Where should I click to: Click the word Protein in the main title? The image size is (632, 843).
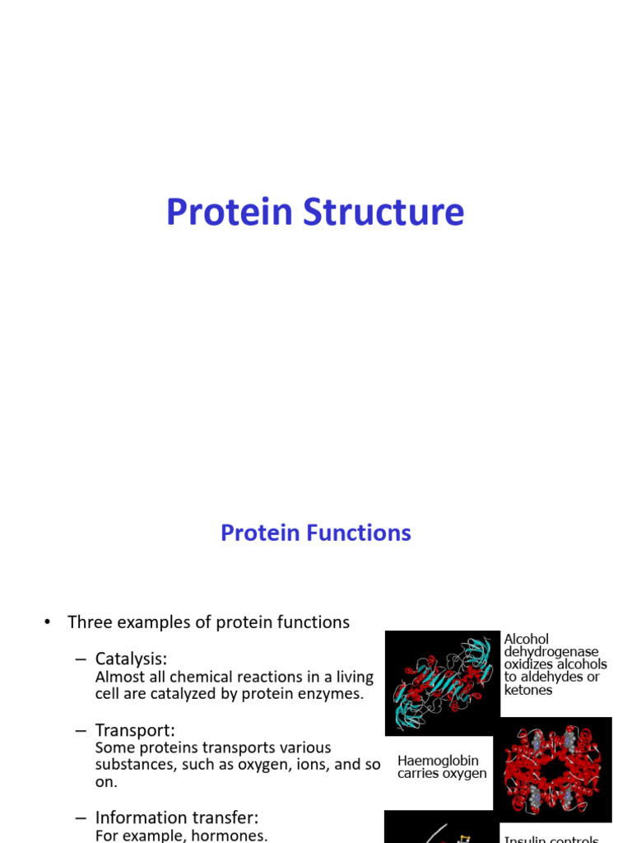click(x=230, y=212)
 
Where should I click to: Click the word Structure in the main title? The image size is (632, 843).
click(x=383, y=212)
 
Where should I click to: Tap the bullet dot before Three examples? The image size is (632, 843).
click(x=48, y=623)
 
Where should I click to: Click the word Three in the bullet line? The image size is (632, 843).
click(x=89, y=622)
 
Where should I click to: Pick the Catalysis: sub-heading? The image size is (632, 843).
click(x=131, y=659)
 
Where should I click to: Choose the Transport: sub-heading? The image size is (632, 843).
click(x=135, y=730)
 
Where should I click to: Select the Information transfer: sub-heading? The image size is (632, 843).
click(x=176, y=817)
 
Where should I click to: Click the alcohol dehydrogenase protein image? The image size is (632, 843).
click(x=443, y=682)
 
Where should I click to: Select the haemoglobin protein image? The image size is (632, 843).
click(x=552, y=769)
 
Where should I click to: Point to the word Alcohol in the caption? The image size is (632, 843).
click(x=526, y=640)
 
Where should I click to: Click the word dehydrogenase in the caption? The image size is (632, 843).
click(x=551, y=652)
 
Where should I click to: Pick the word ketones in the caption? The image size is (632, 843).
click(x=528, y=690)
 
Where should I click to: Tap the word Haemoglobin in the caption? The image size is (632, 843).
click(x=438, y=761)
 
